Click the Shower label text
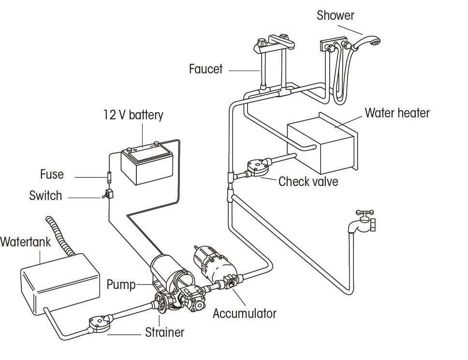pos(335,15)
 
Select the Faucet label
pos(205,69)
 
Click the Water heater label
pos(396,113)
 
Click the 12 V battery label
pos(133,115)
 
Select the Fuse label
pos(52,174)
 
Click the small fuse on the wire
pos(109,176)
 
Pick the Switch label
pos(45,196)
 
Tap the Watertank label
pos(25,242)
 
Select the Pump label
pos(121,284)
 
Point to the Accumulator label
pos(244,314)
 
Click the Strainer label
pos(164,332)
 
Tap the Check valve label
pos(308,182)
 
